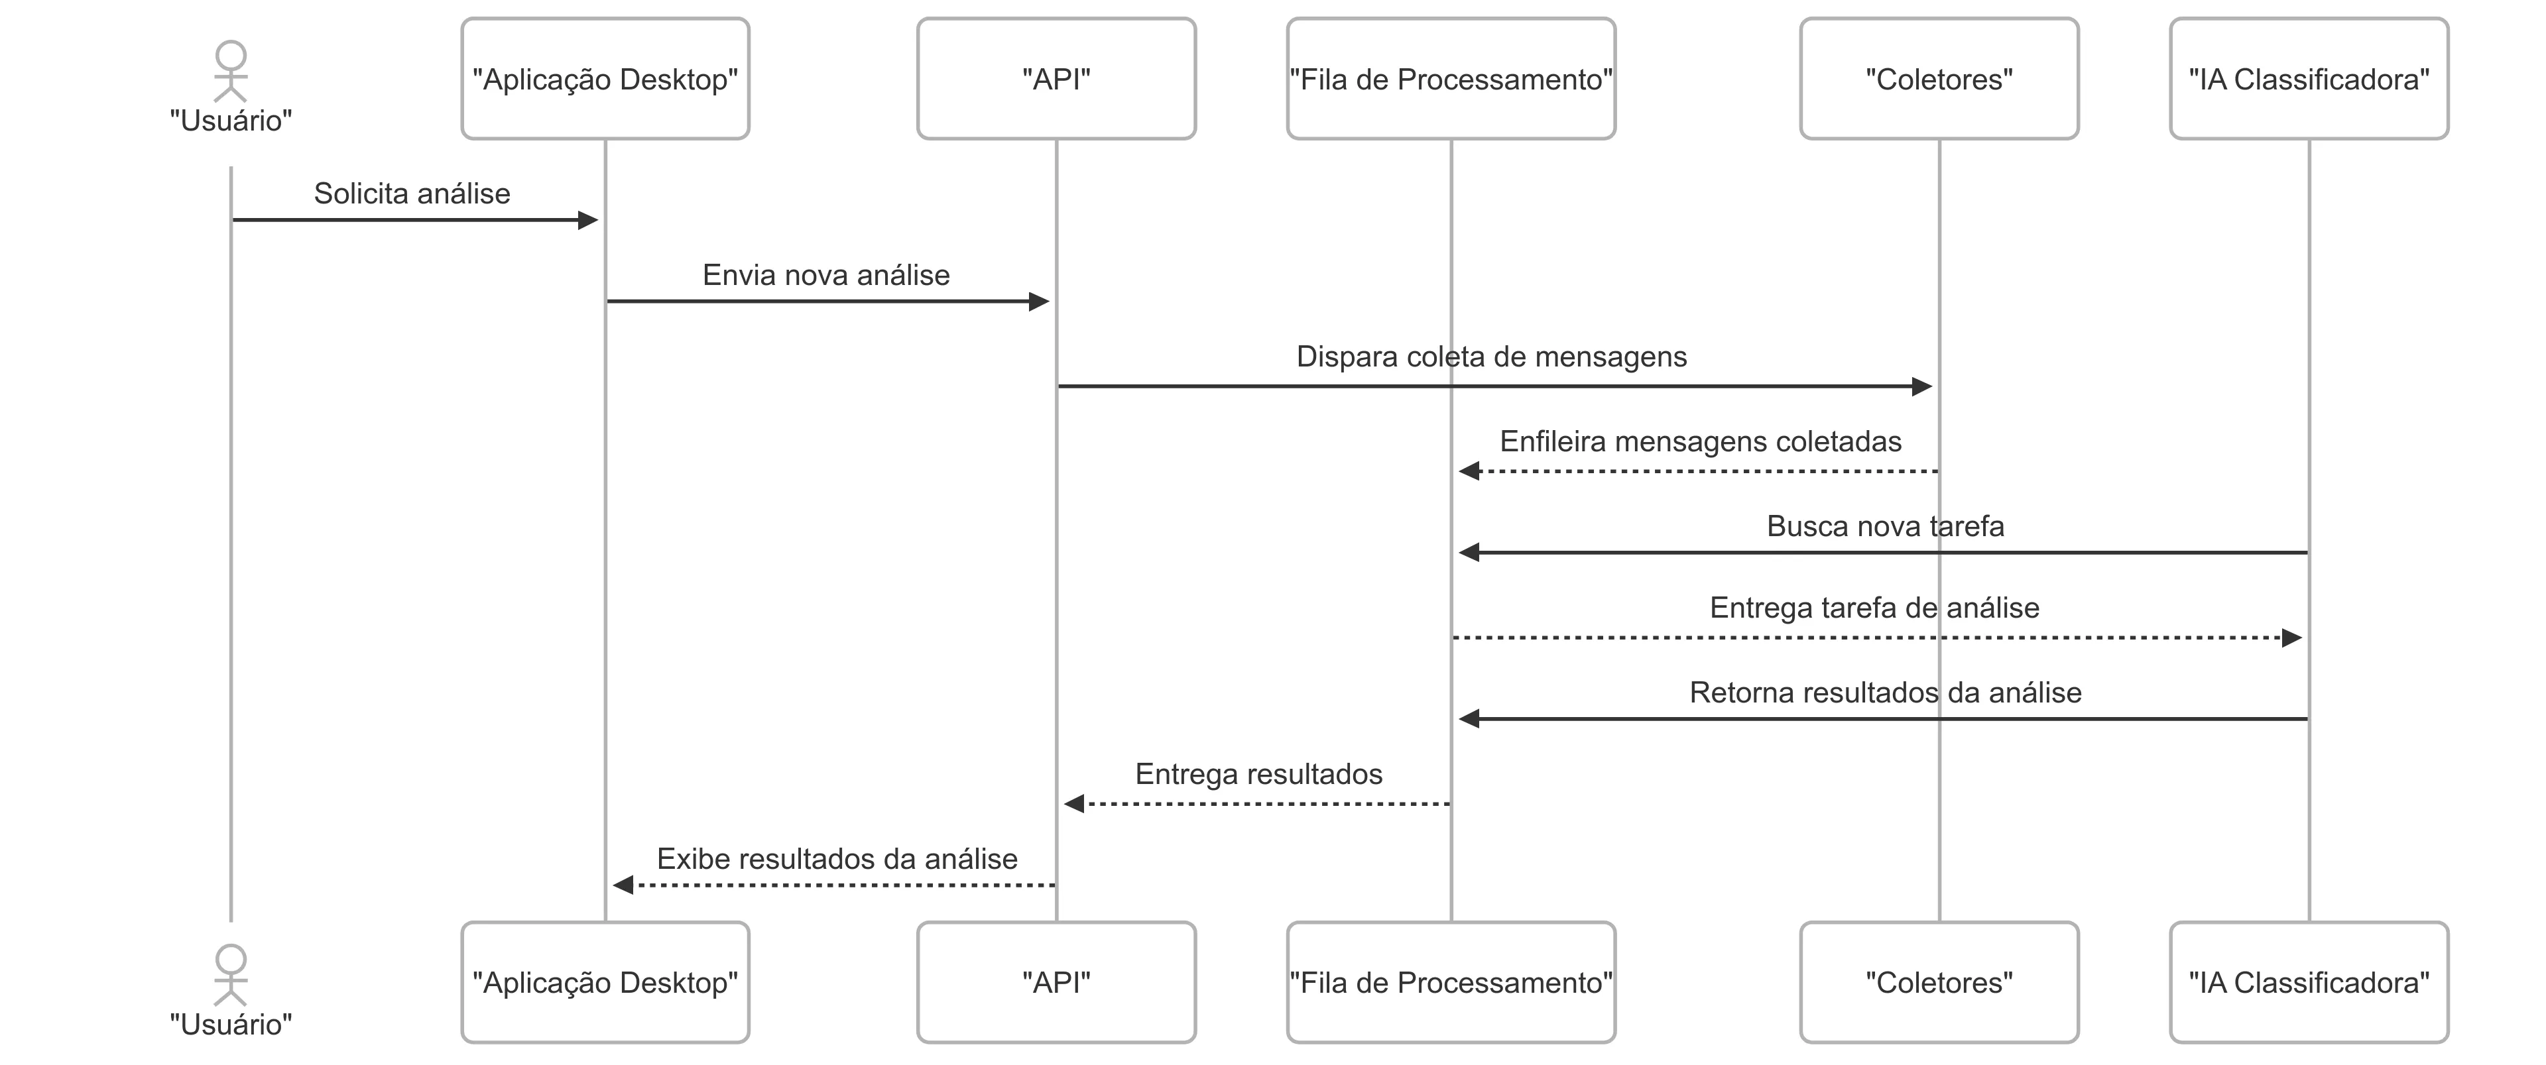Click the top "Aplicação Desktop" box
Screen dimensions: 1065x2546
(605, 79)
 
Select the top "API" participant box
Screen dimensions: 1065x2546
(1056, 79)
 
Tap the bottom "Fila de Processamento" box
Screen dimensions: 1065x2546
(1451, 982)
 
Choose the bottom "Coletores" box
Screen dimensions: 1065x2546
(1938, 982)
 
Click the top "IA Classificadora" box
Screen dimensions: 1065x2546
(2308, 79)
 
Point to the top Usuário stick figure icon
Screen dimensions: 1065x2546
(230, 71)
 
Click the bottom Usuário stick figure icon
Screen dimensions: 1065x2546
(230, 975)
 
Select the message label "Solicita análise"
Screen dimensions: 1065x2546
(412, 194)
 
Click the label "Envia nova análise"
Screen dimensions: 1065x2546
(826, 276)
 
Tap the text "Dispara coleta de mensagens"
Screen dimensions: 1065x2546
(1491, 357)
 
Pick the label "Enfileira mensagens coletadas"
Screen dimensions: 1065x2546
(1700, 441)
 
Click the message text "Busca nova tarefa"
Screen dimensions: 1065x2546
(1885, 527)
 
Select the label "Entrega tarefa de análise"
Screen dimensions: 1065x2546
(1874, 608)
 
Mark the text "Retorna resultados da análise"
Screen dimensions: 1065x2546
(1885, 693)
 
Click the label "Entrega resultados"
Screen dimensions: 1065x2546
(1258, 775)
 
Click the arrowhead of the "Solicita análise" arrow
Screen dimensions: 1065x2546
(588, 220)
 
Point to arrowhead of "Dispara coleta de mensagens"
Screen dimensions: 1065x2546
(1921, 386)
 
